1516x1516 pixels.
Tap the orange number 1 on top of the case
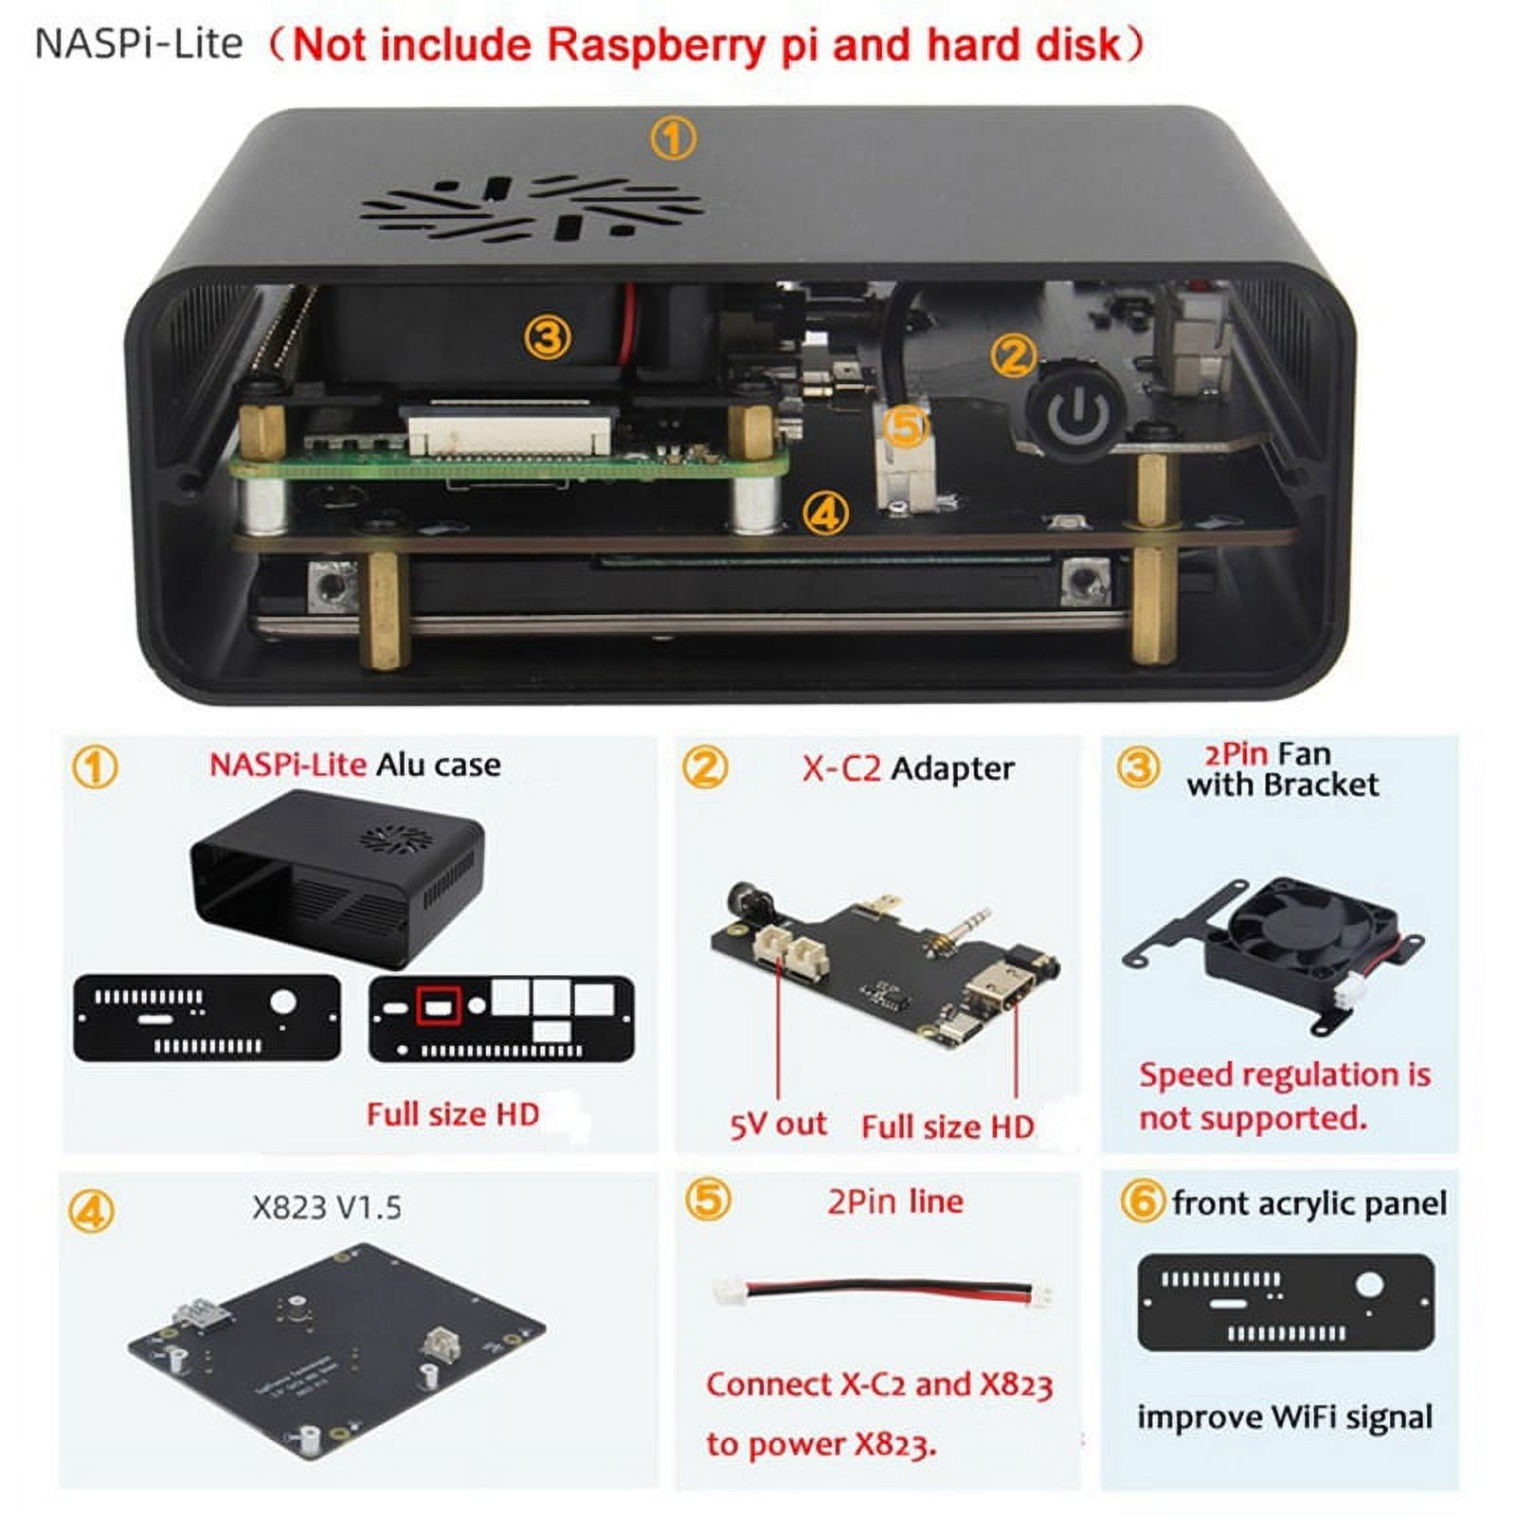[673, 139]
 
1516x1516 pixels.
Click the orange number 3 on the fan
[547, 337]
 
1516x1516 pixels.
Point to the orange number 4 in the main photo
[825, 514]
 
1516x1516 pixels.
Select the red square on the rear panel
[439, 1006]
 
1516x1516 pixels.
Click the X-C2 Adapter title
[907, 768]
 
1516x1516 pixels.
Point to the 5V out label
[777, 1124]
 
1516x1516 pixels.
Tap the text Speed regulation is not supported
[1284, 1096]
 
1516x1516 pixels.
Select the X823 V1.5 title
[326, 1208]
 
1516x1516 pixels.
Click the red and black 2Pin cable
[887, 1290]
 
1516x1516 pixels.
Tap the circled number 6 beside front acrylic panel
[1141, 1202]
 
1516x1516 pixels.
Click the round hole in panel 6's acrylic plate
[1368, 1286]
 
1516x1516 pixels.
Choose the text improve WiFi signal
[1284, 1417]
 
